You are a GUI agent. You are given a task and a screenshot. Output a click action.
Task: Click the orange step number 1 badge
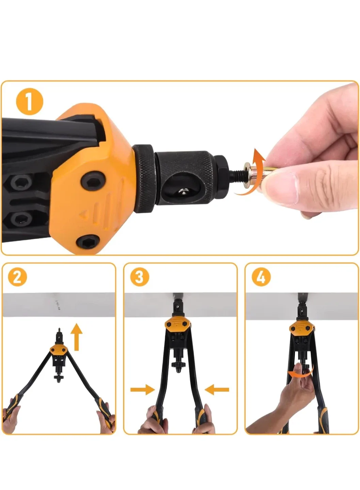click(x=29, y=101)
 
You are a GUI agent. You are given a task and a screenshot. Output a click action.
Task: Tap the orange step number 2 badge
click(x=17, y=277)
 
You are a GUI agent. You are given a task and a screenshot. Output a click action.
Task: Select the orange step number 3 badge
click(x=139, y=277)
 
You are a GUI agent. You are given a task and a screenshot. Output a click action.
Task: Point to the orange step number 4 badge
click(x=261, y=277)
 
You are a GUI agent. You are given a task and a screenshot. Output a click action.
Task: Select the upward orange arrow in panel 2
click(x=78, y=337)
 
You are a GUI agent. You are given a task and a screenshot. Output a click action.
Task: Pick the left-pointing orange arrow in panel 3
click(x=217, y=390)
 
